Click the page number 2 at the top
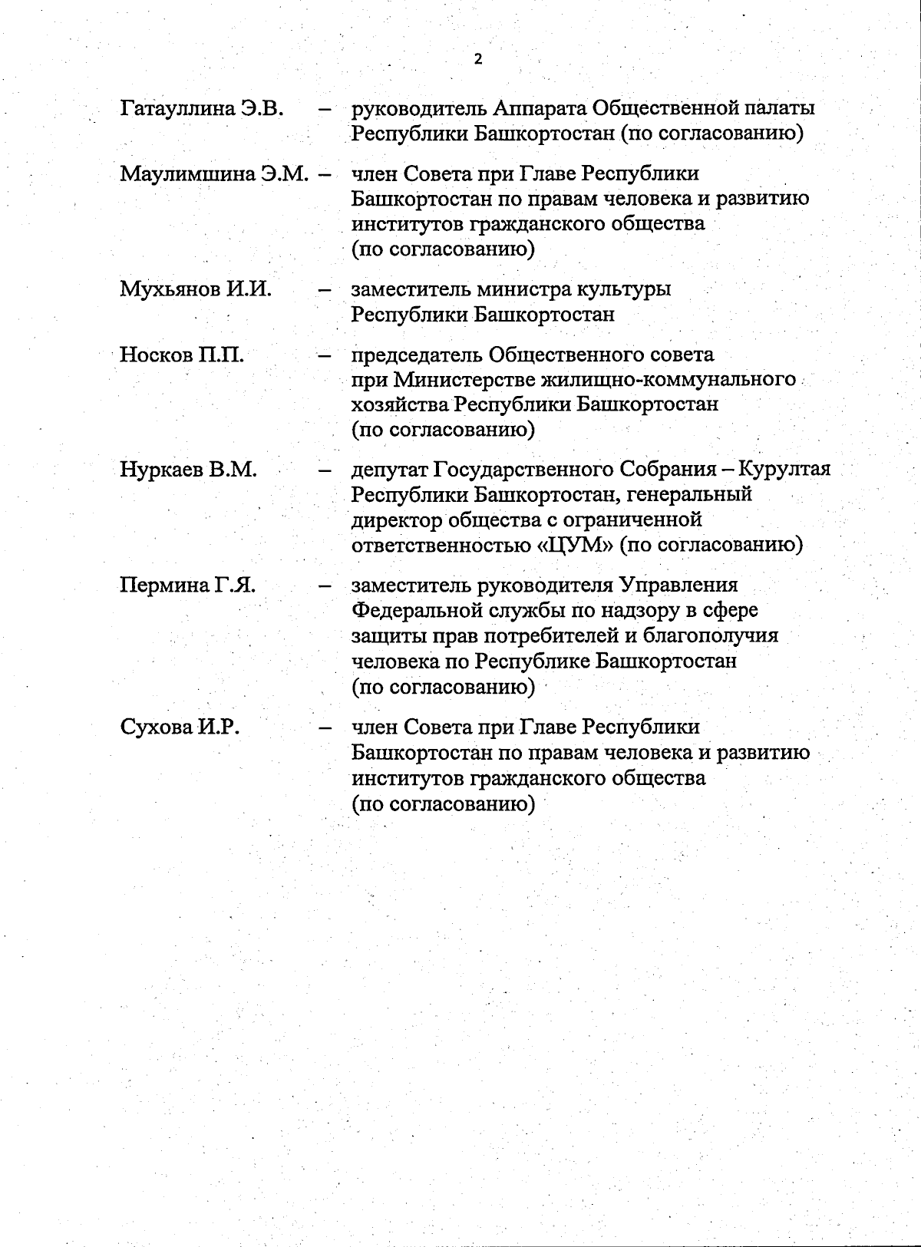click(x=478, y=59)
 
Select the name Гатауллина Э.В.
click(x=203, y=108)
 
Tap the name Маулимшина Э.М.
click(x=214, y=174)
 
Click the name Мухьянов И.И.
click(x=196, y=289)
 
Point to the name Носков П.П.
click(x=182, y=355)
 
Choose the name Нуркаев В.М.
click(x=188, y=470)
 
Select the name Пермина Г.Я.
click(x=188, y=586)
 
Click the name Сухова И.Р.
click(x=180, y=727)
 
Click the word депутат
click(x=389, y=470)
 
